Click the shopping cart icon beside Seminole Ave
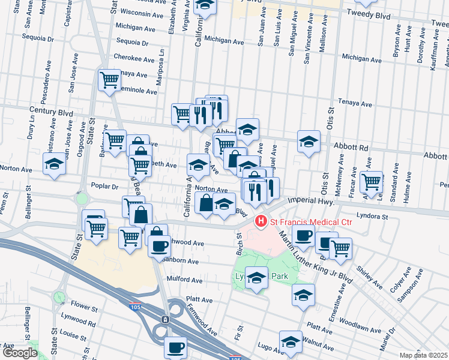click(109, 80)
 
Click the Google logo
click(20, 353)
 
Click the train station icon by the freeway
click(166, 319)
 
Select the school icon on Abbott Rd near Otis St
click(309, 141)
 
